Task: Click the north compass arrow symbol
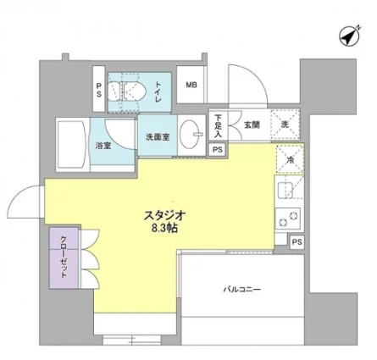coord(349,36)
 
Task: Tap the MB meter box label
coord(191,85)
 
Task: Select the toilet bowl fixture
coord(127,91)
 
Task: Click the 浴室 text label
coord(103,146)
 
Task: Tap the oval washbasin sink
coord(190,134)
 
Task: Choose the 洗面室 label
coord(158,137)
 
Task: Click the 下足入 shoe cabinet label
coord(218,125)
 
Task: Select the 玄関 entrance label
coord(252,125)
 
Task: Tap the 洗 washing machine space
coord(285,125)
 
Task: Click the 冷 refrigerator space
coord(291,159)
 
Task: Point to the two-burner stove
coord(288,219)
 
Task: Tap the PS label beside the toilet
coord(99,90)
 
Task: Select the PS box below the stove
coord(297,242)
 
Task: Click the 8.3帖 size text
coord(164,228)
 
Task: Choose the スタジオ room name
coord(164,216)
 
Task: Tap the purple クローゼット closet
coord(64,258)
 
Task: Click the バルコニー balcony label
coord(242,290)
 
